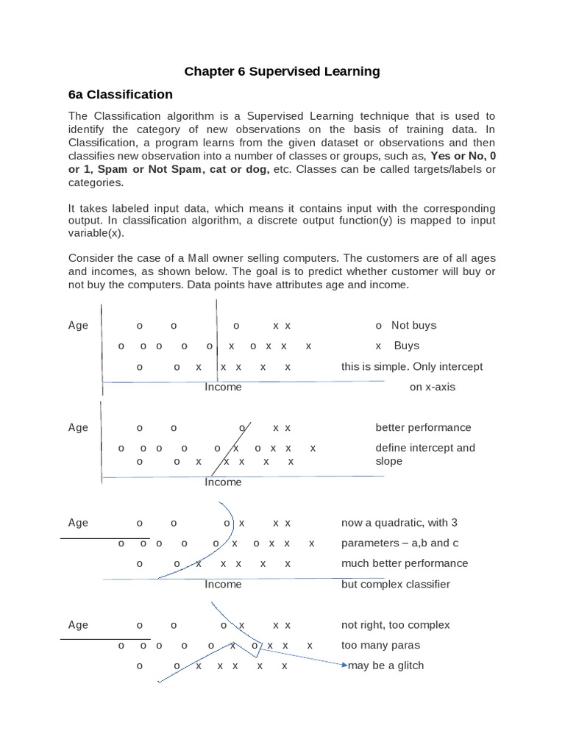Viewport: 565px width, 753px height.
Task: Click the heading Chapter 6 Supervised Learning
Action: click(x=282, y=71)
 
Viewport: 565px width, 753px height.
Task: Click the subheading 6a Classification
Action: click(x=120, y=94)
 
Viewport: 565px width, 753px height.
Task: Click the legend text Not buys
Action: click(x=413, y=326)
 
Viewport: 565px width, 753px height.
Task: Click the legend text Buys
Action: click(x=406, y=346)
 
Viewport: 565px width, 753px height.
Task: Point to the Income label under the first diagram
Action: click(x=223, y=387)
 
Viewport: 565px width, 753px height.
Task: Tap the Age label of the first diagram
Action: click(x=78, y=326)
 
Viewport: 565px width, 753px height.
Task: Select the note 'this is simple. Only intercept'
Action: click(x=412, y=366)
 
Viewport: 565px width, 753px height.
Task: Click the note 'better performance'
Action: click(x=423, y=428)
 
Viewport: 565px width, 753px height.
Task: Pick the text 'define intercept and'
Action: click(x=425, y=448)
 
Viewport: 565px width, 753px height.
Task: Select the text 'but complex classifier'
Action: click(x=395, y=584)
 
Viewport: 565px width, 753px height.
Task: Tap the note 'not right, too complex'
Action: click(x=395, y=625)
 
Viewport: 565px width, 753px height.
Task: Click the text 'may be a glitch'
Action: click(x=388, y=665)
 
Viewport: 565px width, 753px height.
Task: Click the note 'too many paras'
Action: click(x=380, y=645)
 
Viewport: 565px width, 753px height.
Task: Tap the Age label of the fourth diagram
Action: click(x=78, y=625)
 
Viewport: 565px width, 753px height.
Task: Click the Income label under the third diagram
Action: click(x=223, y=584)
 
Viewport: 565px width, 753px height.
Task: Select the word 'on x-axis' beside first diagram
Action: click(x=433, y=387)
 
